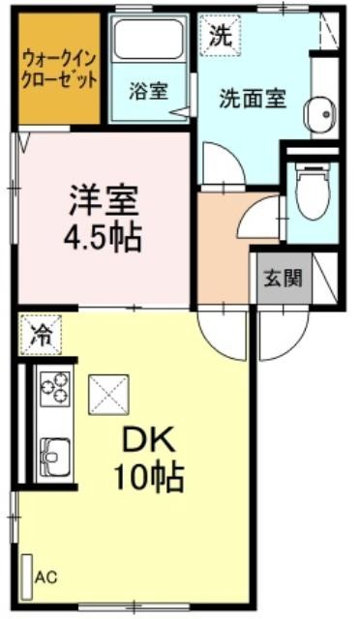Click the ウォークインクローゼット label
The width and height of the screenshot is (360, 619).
point(59,70)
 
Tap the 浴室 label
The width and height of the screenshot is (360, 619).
point(149,92)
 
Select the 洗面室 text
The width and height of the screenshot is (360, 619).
point(253,99)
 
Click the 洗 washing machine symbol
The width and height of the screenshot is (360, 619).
point(220,35)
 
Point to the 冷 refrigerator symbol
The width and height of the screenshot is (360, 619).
point(41,335)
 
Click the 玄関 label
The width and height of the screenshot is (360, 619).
point(283,278)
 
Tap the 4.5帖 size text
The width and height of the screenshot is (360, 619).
point(103,238)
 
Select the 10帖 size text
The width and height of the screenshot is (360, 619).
point(149,477)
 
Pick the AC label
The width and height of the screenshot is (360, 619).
point(45,577)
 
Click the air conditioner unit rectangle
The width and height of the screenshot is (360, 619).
point(27,577)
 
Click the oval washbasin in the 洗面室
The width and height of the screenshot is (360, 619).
point(320,114)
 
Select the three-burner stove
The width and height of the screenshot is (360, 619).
point(55,389)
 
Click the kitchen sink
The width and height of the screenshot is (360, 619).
point(55,456)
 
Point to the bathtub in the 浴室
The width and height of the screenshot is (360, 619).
point(149,40)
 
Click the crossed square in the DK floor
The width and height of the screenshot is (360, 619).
point(108,395)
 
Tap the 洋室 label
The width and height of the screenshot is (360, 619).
point(104,201)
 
